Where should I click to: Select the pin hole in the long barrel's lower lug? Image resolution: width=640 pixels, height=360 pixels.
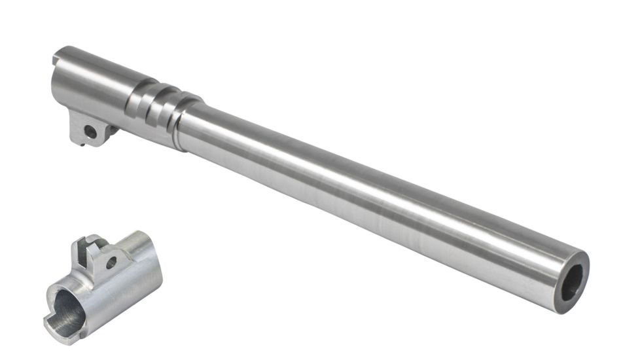click(91, 132)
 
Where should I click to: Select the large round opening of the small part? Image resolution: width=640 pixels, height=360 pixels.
click(68, 308)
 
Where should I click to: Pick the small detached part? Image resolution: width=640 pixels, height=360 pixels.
click(105, 285)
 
